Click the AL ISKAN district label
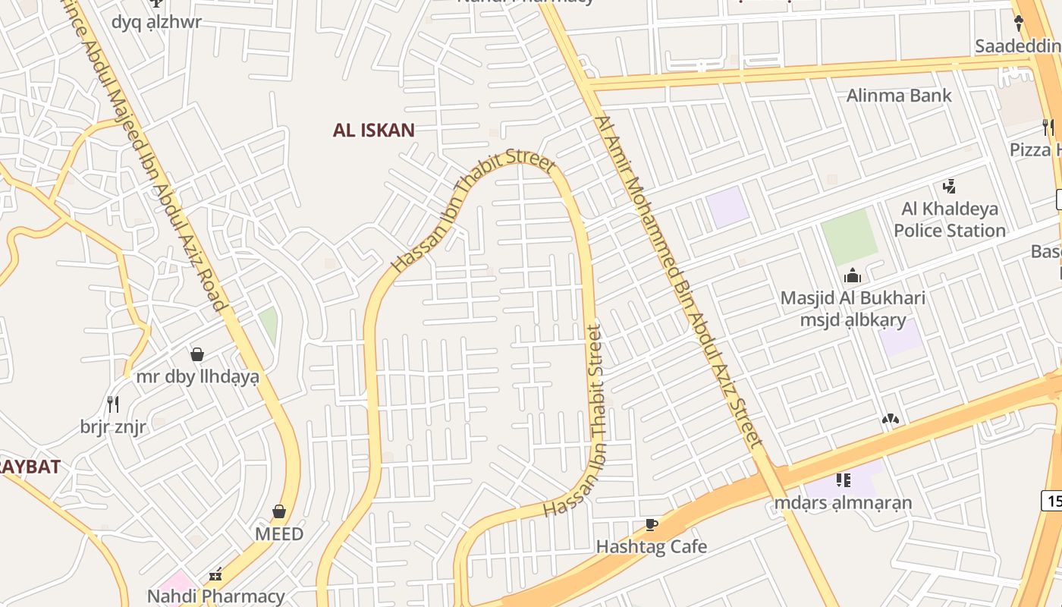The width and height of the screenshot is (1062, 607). (373, 130)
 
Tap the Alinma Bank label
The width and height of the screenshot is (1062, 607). (898, 96)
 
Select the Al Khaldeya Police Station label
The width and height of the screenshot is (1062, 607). (949, 219)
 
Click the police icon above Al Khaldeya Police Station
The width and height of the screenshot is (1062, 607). (948, 186)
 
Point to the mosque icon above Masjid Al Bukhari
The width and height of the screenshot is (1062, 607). (853, 275)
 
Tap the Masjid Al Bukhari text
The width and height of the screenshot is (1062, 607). (853, 297)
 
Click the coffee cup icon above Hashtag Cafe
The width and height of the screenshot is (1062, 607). (650, 524)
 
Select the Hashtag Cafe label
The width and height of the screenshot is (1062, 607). (651, 546)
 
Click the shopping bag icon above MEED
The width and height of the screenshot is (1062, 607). (279, 512)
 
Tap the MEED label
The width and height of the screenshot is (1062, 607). (279, 534)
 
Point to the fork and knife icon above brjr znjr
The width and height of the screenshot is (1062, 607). (113, 404)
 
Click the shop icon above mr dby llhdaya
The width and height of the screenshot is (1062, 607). (197, 354)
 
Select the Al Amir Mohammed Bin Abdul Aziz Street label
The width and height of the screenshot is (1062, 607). (678, 281)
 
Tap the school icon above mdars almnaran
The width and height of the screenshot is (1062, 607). (843, 480)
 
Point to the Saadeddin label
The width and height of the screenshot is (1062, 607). (1016, 46)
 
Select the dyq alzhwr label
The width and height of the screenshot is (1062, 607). (156, 21)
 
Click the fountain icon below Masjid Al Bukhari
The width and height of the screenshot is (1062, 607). (891, 419)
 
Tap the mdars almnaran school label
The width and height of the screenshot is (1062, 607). (843, 502)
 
